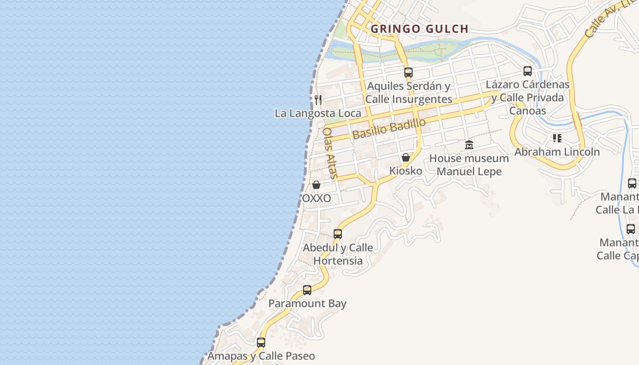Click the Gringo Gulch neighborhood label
[419, 29]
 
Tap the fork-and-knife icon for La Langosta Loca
[319, 99]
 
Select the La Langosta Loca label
[318, 113]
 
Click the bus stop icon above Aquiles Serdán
[409, 72]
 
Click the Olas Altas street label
[330, 153]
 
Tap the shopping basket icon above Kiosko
[406, 157]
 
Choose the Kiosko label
[405, 171]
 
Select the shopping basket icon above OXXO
[316, 185]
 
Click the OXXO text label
[316, 198]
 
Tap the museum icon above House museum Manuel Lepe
[469, 145]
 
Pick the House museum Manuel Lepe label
[469, 165]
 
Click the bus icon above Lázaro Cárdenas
[528, 71]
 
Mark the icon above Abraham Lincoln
[557, 138]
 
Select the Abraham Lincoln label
[557, 152]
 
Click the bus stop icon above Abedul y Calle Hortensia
[338, 234]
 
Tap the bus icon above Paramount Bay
[307, 290]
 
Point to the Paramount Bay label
[307, 303]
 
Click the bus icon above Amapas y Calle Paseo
[261, 342]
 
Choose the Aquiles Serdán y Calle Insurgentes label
[409, 93]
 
